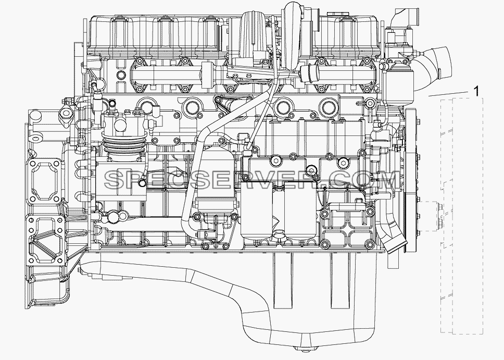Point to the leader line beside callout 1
(x=448, y=94)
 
